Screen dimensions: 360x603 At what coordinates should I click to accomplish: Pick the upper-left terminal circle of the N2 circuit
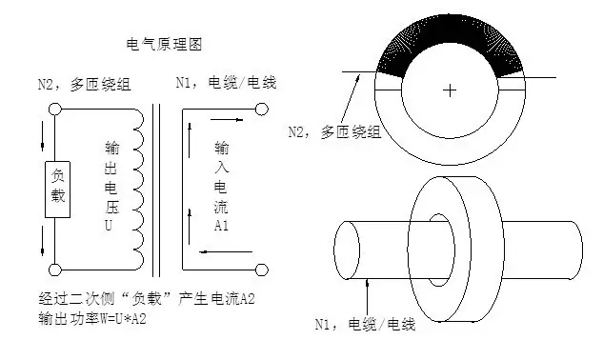pyautogui.click(x=55, y=110)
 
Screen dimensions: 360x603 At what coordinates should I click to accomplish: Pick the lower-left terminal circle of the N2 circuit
pyautogui.click(x=55, y=270)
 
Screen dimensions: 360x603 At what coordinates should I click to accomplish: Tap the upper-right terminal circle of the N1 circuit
pyautogui.click(x=261, y=110)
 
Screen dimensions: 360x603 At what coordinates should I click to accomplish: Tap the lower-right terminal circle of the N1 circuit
pyautogui.click(x=260, y=270)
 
